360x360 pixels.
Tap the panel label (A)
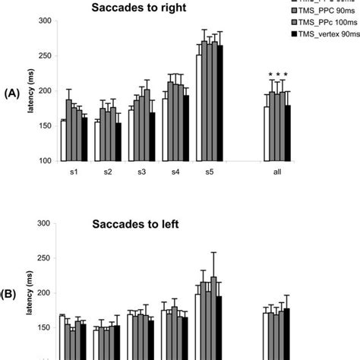[x=11, y=91]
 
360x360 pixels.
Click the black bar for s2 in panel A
[x=118, y=142]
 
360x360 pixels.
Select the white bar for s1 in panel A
[x=63, y=141]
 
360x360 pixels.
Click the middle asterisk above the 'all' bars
[x=277, y=74]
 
